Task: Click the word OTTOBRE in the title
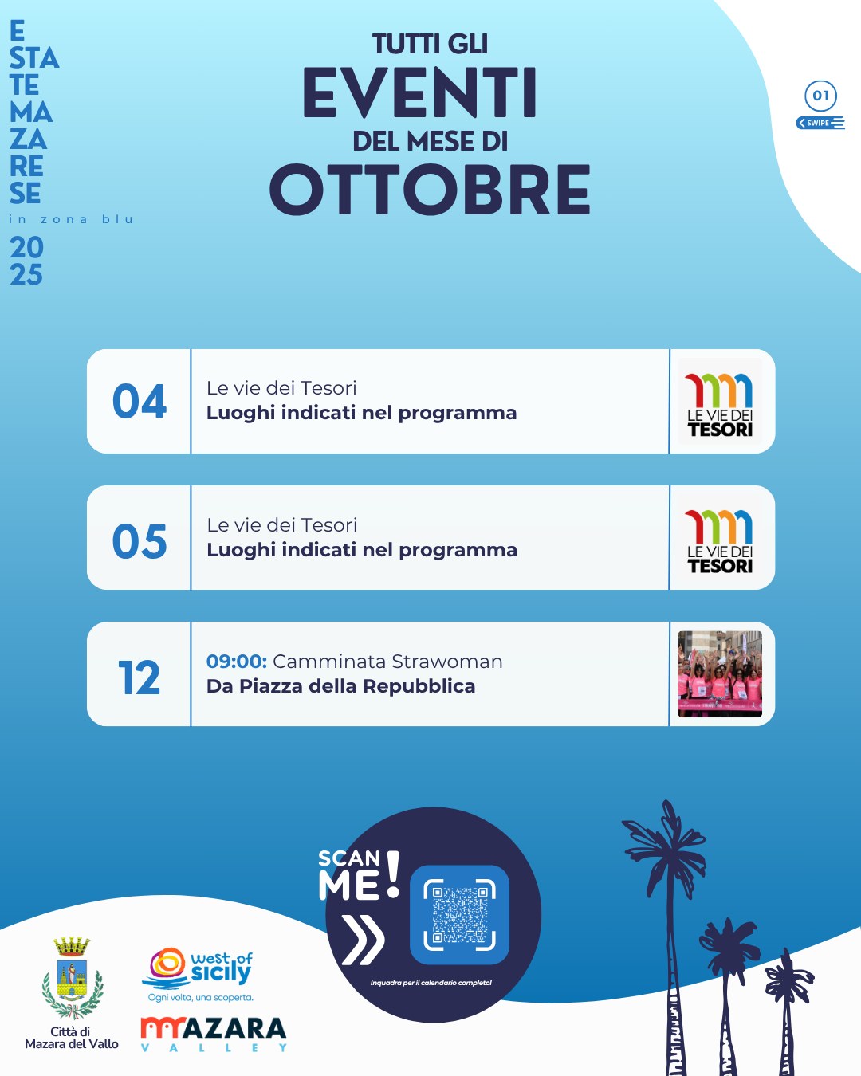point(430,189)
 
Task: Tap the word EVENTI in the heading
point(420,93)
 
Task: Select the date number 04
point(139,401)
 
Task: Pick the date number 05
point(139,541)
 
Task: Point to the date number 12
point(139,677)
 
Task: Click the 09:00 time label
point(237,661)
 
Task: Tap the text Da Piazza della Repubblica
point(340,686)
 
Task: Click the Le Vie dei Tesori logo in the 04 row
point(719,401)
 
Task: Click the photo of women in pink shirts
point(719,674)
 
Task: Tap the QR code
point(459,914)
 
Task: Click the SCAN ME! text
point(360,875)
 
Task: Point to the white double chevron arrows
point(363,940)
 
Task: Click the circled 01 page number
point(820,96)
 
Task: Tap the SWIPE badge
point(820,123)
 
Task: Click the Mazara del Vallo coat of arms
point(73,978)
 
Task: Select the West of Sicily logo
point(198,975)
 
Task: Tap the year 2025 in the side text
point(26,261)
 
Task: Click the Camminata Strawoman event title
point(387,661)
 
